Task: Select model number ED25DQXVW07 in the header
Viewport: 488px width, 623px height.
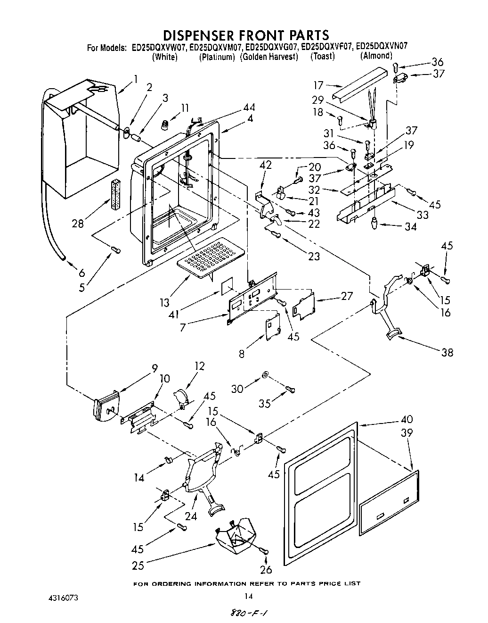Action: pos(159,47)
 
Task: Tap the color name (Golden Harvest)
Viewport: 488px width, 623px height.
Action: pos(269,57)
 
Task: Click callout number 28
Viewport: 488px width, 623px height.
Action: pos(78,224)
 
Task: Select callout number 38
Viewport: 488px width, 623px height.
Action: pos(447,352)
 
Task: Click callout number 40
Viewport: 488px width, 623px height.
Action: pos(407,419)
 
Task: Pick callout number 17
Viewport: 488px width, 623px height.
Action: pos(318,86)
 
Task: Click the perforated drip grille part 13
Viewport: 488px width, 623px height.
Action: pos(211,258)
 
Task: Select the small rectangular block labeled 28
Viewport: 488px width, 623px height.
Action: pos(115,194)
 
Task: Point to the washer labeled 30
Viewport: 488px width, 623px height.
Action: pos(264,375)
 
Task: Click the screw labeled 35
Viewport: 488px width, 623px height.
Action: pos(290,389)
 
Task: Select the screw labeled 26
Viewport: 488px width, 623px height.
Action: pos(265,551)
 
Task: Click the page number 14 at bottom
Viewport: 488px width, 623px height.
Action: pos(249,596)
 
